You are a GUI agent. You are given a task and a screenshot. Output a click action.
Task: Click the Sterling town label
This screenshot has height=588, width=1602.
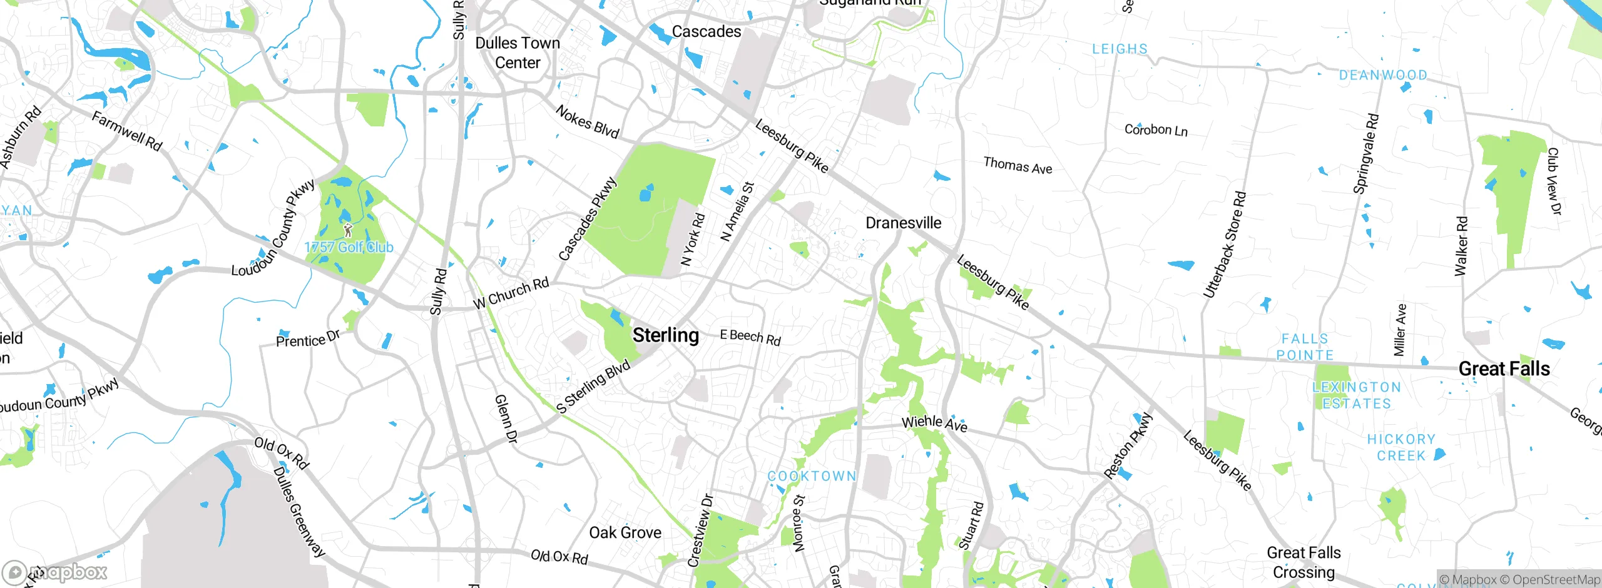tap(665, 335)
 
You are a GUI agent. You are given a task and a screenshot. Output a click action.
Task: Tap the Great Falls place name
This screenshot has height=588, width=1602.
tap(1504, 369)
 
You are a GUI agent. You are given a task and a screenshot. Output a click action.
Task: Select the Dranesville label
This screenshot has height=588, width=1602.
tap(903, 223)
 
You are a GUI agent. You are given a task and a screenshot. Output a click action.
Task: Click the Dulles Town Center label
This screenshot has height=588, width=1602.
tap(518, 53)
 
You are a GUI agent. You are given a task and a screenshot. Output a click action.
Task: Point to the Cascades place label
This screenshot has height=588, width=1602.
tap(706, 31)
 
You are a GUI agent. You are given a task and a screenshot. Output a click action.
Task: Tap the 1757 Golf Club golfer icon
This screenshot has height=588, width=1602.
tap(349, 230)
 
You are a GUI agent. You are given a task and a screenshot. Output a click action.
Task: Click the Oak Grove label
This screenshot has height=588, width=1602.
tap(625, 532)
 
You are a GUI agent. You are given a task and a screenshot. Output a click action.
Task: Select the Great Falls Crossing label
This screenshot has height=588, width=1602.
tap(1304, 562)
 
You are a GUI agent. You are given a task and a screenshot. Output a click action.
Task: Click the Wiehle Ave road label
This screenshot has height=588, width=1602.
tap(934, 423)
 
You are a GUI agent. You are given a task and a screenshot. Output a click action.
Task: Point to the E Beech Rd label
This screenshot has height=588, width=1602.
tap(750, 337)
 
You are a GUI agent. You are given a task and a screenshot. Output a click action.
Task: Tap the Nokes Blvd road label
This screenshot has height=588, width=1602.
tap(587, 122)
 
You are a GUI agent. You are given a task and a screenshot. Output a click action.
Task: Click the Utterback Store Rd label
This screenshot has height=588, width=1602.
tap(1225, 245)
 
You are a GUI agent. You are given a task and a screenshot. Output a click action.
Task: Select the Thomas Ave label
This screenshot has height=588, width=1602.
tap(1018, 166)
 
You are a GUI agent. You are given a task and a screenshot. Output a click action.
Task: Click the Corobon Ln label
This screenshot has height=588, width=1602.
tap(1156, 130)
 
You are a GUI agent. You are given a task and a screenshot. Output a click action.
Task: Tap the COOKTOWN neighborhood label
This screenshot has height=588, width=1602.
tap(812, 476)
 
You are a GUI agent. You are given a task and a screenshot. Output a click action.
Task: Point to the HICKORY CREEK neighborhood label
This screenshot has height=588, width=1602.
tap(1401, 447)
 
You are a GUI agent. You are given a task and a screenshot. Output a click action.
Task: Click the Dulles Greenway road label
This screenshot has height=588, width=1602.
tap(300, 512)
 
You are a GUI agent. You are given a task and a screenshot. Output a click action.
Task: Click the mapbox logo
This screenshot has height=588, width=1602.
tap(55, 572)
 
